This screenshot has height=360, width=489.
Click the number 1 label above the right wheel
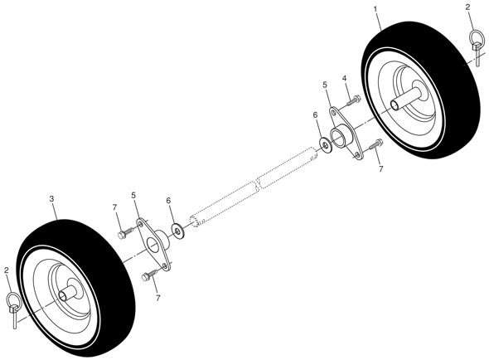[x=375, y=9]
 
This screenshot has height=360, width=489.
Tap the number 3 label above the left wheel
[x=51, y=198]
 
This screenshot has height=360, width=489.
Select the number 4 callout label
[x=344, y=78]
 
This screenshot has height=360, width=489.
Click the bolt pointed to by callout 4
[x=354, y=100]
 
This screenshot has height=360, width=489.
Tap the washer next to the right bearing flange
[x=326, y=145]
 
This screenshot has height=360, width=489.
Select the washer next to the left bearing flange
[x=177, y=231]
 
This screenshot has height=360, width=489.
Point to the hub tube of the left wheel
[x=69, y=289]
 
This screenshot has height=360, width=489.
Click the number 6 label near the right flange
[x=315, y=115]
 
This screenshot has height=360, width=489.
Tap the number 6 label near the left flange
[x=169, y=201]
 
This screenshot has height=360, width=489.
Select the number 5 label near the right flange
[x=324, y=85]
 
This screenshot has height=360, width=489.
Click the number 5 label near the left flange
[x=133, y=196]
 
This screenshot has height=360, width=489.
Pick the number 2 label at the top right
[x=467, y=7]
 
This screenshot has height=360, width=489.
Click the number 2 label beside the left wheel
[x=7, y=270]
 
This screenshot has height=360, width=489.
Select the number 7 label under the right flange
[x=380, y=169]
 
